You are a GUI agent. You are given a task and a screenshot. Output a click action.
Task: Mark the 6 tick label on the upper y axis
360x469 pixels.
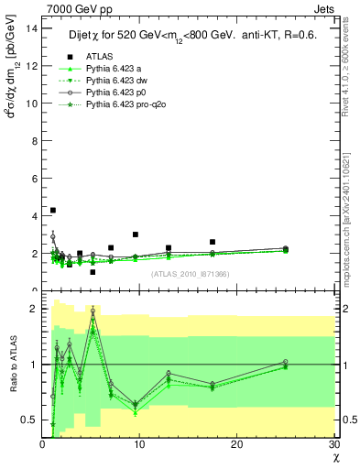pos(34,178)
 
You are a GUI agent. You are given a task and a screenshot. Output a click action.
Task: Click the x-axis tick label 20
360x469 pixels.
pos(236,444)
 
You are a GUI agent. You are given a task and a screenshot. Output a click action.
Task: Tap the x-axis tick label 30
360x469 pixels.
pos(333,444)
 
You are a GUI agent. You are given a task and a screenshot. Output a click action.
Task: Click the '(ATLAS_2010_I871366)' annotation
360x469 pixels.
pos(190,275)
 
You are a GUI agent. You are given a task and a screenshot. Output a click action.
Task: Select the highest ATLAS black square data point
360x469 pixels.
pos(53,211)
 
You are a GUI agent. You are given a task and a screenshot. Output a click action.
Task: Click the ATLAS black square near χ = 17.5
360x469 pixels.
pos(213,242)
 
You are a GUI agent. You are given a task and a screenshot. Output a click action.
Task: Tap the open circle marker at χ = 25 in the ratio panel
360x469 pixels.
pos(285,362)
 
